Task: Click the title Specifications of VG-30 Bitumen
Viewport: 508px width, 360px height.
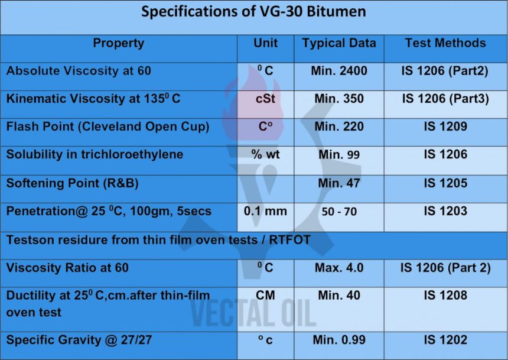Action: point(253,12)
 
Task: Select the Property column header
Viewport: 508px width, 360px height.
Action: point(118,43)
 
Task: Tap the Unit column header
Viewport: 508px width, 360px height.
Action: point(265,43)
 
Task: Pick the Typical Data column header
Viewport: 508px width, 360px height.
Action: point(339,43)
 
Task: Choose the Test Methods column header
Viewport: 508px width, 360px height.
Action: point(445,43)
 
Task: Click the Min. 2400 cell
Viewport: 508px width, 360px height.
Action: point(339,71)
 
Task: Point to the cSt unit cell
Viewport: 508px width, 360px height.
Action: point(265,99)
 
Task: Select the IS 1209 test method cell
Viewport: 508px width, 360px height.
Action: point(445,127)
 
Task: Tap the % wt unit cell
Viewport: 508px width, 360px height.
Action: point(265,154)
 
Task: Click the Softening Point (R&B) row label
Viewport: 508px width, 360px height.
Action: point(73,183)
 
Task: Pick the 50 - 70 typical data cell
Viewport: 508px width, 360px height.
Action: point(339,212)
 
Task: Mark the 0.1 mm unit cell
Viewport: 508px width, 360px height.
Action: point(265,211)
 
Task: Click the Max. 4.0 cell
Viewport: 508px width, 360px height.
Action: point(339,268)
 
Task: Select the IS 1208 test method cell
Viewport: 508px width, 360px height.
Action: point(445,295)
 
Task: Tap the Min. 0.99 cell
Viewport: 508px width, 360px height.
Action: point(339,340)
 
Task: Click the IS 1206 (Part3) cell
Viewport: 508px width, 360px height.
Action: point(445,99)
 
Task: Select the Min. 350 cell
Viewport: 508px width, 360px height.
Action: point(339,99)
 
